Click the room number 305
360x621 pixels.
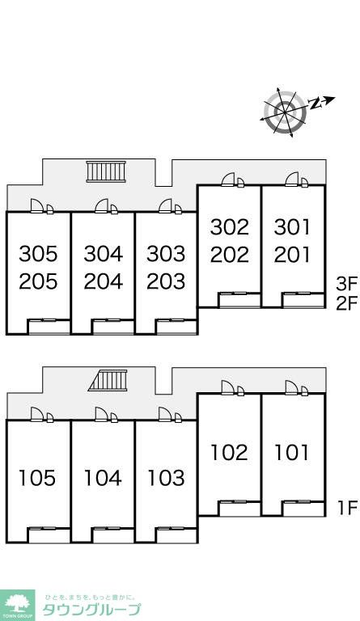point(38,253)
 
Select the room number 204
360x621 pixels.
point(103,281)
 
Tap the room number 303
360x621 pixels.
point(166,253)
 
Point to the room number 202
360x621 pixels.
point(230,255)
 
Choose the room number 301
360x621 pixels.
point(292,227)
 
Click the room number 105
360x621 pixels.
point(37,478)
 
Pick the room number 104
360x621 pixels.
point(103,478)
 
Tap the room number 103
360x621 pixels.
point(166,478)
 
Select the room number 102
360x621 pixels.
point(229,452)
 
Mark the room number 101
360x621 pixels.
point(291,452)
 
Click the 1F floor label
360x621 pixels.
point(347,508)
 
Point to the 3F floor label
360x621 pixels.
point(347,283)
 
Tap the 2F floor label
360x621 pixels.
point(347,304)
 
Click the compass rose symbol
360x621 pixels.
point(285,112)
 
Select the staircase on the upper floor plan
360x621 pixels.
point(106,171)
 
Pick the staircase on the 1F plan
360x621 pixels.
point(108,380)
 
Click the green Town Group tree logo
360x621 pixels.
point(17,605)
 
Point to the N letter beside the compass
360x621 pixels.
point(315,103)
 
